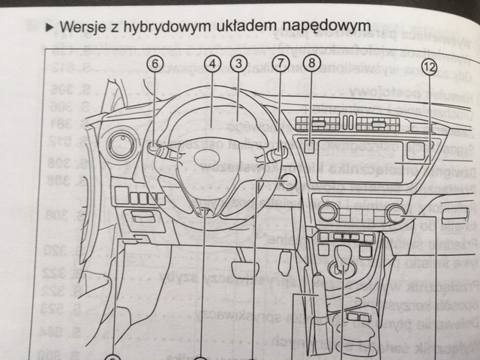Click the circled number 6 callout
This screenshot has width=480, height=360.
coord(154,64)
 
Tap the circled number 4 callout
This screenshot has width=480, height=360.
coord(213,64)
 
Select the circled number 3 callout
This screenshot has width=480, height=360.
coord(238,64)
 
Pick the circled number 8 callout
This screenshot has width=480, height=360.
coord(311,64)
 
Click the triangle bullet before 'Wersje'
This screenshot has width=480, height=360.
coord(50,28)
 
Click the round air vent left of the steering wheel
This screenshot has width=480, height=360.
coord(120,145)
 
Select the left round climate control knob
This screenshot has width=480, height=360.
coord(328,213)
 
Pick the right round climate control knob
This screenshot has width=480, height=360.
coord(396,214)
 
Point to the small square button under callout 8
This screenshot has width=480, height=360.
coord(309,148)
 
